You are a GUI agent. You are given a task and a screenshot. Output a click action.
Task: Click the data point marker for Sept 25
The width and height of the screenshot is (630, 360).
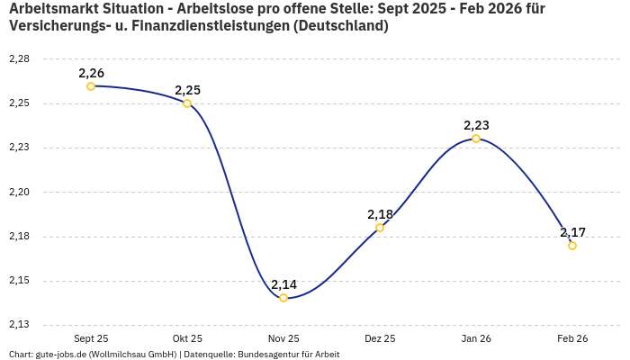(91, 86)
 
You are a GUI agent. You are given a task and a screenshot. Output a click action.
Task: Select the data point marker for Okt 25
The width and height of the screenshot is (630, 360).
(187, 103)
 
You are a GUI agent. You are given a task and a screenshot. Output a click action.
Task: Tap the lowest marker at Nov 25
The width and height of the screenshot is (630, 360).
(283, 298)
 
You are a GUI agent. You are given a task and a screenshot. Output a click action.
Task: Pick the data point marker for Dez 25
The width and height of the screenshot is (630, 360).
(380, 228)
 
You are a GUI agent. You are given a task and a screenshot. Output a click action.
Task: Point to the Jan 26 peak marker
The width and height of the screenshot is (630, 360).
(476, 139)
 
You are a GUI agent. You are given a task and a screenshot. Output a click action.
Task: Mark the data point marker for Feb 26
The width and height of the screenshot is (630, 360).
(572, 246)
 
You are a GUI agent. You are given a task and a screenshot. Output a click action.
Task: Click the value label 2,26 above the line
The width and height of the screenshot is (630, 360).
(91, 73)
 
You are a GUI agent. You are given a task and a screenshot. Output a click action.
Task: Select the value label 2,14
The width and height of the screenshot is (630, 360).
(283, 284)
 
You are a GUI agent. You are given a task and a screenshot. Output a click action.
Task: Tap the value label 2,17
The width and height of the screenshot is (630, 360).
(572, 232)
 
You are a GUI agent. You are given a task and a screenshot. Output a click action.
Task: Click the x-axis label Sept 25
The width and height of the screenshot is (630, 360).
(91, 338)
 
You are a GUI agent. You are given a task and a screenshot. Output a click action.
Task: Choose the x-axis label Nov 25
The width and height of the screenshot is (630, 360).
(283, 338)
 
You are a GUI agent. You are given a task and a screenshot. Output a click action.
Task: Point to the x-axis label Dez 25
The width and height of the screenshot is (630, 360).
(380, 338)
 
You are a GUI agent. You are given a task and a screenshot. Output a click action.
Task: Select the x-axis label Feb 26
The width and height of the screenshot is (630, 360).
(572, 338)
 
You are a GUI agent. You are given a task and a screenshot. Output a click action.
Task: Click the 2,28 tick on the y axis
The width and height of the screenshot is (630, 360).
(19, 59)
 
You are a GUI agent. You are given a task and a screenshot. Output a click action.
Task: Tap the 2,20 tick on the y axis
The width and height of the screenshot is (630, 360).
(19, 193)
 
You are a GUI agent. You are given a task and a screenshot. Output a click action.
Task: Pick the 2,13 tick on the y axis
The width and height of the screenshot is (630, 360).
(19, 325)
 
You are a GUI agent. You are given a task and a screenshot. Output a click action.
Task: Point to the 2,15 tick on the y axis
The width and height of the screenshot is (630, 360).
(19, 281)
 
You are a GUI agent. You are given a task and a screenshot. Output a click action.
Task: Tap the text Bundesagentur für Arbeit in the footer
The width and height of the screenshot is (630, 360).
(288, 355)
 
